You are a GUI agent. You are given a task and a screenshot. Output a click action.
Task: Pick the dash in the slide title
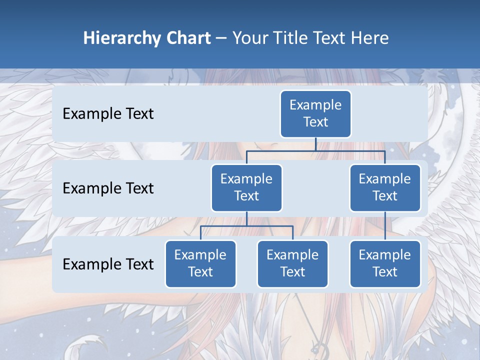(x=221, y=38)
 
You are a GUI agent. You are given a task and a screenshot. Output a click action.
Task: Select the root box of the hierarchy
(x=315, y=114)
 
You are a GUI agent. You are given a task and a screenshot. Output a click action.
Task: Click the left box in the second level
(x=246, y=188)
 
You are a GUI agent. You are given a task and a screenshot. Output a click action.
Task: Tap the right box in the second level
(x=385, y=188)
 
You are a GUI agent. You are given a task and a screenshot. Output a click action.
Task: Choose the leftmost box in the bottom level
(x=200, y=264)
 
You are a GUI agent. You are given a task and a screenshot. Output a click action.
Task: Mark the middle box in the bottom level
(x=292, y=264)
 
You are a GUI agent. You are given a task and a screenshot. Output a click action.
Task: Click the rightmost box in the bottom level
(x=385, y=264)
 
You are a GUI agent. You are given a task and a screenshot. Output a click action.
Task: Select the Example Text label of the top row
(x=108, y=114)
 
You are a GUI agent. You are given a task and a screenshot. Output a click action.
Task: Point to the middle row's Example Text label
(x=108, y=188)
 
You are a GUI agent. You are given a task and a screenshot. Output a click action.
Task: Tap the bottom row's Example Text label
(x=108, y=264)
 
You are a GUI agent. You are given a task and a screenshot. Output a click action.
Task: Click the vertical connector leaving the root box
(x=315, y=144)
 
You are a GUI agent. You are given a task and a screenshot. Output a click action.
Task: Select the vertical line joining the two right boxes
(x=385, y=226)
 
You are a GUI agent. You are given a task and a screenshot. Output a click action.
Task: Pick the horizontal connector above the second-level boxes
(x=315, y=150)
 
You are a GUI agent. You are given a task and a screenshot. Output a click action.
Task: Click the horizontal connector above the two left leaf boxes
(x=246, y=226)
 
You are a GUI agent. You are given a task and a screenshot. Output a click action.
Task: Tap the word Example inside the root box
(x=315, y=105)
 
